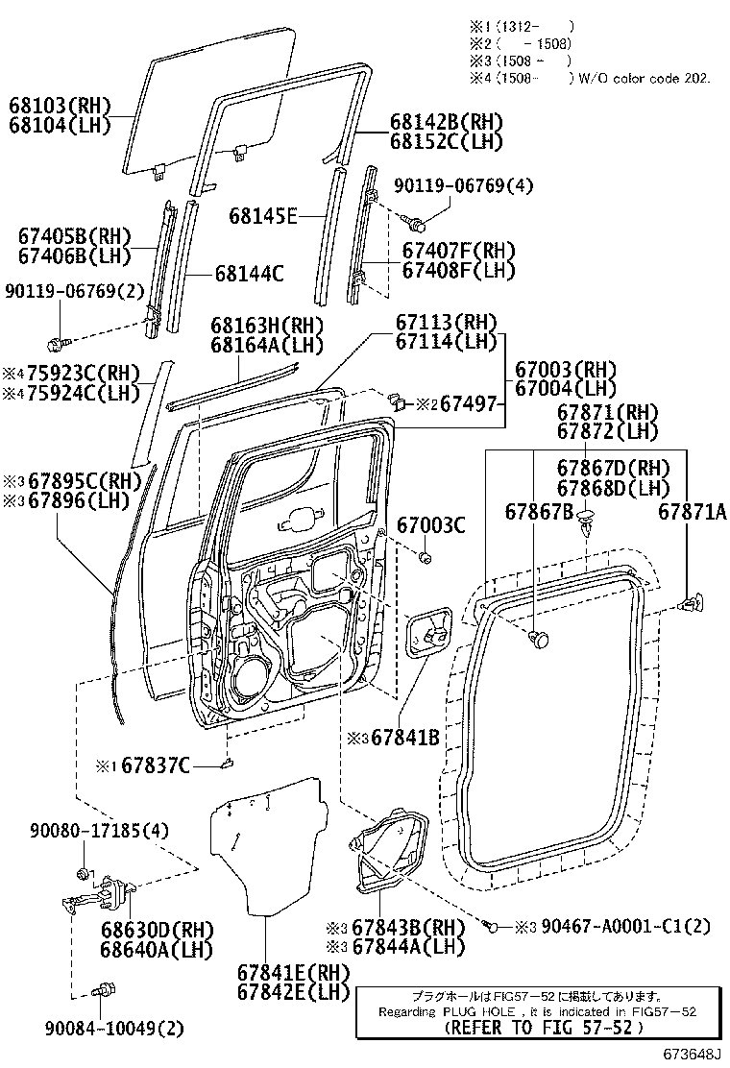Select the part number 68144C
248,274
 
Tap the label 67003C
431,525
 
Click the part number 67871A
692,512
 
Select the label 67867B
539,512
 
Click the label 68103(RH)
60,106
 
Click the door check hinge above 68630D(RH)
96,899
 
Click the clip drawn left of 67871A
690,603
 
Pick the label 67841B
404,738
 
